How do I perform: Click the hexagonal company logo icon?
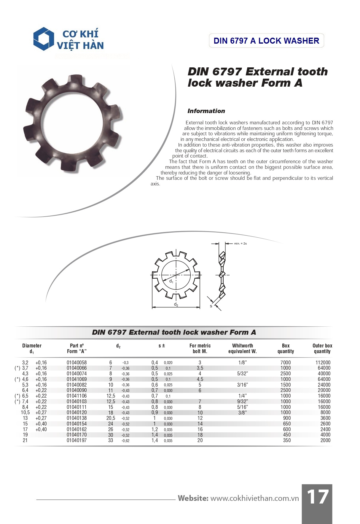coord(44,39)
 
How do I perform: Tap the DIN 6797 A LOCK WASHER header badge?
coord(266,41)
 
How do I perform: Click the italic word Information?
coord(206,111)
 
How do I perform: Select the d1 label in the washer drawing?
coord(171,281)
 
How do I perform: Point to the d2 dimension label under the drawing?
coord(176,305)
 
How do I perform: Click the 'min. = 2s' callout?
coord(240,244)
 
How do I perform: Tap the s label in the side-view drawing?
coord(211,306)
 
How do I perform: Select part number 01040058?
coord(77,363)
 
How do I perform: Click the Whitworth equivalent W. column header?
coord(243,348)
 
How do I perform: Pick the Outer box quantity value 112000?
coord(323,363)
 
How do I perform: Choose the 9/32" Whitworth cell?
coord(242,401)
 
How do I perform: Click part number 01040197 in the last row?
coord(77,440)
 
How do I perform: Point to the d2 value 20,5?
coord(111,418)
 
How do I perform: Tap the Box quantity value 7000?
coord(286,363)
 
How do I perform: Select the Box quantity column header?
coord(286,348)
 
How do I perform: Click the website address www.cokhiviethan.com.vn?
coord(254,498)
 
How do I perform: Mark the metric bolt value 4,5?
coord(200,379)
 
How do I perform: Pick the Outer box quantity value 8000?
coord(325,412)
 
